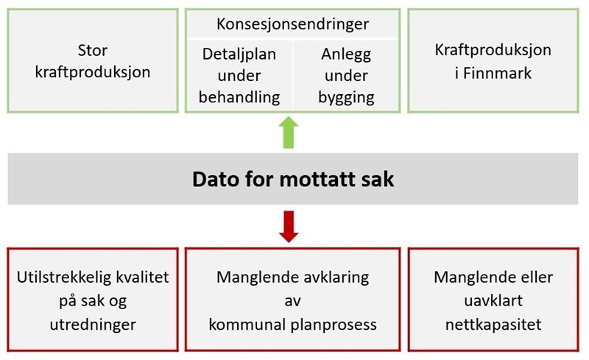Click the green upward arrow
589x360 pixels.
click(x=289, y=133)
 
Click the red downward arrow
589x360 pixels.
click(x=289, y=227)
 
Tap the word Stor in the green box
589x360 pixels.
click(x=93, y=50)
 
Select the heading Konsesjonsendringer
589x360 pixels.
click(x=292, y=24)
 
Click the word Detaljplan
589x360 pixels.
click(x=239, y=54)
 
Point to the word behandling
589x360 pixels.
click(x=239, y=97)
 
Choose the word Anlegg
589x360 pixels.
click(x=346, y=55)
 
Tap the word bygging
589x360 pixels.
click(x=346, y=98)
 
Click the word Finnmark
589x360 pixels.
click(x=498, y=73)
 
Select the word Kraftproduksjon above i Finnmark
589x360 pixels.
click(x=493, y=50)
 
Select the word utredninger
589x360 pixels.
click(x=93, y=325)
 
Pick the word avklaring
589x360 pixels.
click(x=333, y=278)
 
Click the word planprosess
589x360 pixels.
click(x=334, y=325)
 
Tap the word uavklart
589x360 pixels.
click(x=493, y=301)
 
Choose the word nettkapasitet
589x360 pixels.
click(x=493, y=325)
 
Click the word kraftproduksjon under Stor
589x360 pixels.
click(x=93, y=73)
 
